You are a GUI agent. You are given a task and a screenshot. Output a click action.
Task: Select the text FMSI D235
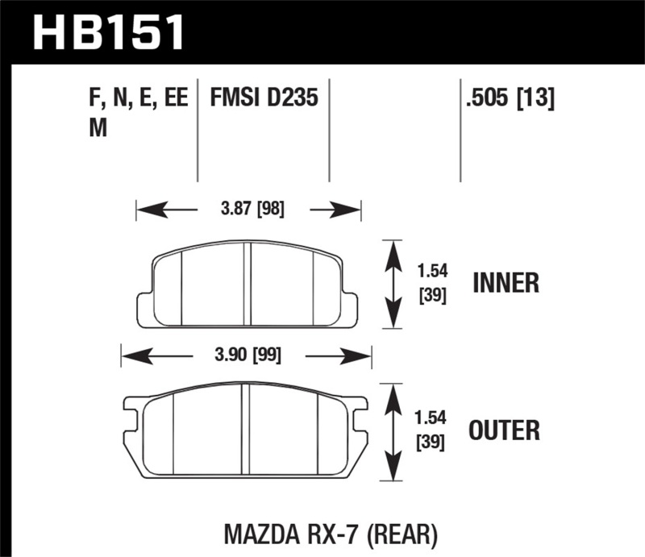[x=264, y=99]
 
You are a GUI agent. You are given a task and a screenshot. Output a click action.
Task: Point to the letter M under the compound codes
[x=98, y=129]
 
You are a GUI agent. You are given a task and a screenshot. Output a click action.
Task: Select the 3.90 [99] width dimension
[x=243, y=355]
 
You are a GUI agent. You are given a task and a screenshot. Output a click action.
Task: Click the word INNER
[x=506, y=284]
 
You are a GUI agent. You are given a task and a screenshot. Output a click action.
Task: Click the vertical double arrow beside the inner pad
[x=392, y=284]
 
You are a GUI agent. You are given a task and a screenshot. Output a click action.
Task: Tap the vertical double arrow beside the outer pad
[x=392, y=430]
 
